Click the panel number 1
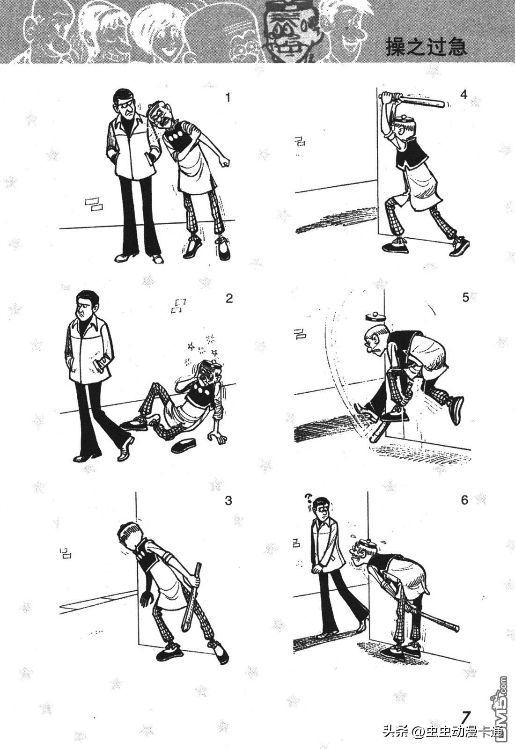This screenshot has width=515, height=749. [228, 98]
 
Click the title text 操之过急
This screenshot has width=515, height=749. [426, 46]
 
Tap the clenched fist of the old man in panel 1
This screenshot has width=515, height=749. [226, 163]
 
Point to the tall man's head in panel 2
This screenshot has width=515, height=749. [86, 305]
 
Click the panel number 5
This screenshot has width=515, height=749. [465, 297]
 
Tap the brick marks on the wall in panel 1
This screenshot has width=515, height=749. [94, 204]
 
